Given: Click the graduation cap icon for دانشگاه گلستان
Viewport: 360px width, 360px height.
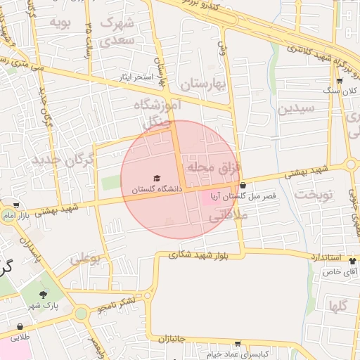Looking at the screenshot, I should [x=157, y=178].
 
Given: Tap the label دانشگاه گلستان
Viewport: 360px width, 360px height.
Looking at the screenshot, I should [x=156, y=189].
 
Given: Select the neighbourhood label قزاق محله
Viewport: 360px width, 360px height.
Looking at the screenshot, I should [x=214, y=169].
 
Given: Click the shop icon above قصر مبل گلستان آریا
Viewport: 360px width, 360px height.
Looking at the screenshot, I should [x=243, y=186].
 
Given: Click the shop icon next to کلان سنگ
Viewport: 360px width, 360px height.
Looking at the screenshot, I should [x=340, y=81].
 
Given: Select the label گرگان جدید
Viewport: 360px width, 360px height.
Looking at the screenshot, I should [x=62, y=160].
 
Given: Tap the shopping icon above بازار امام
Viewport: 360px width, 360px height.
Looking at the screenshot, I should [x=16, y=205].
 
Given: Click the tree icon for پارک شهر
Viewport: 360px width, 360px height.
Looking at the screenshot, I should [x=44, y=295].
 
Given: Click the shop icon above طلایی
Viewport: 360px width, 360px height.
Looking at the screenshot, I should [x=19, y=326].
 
